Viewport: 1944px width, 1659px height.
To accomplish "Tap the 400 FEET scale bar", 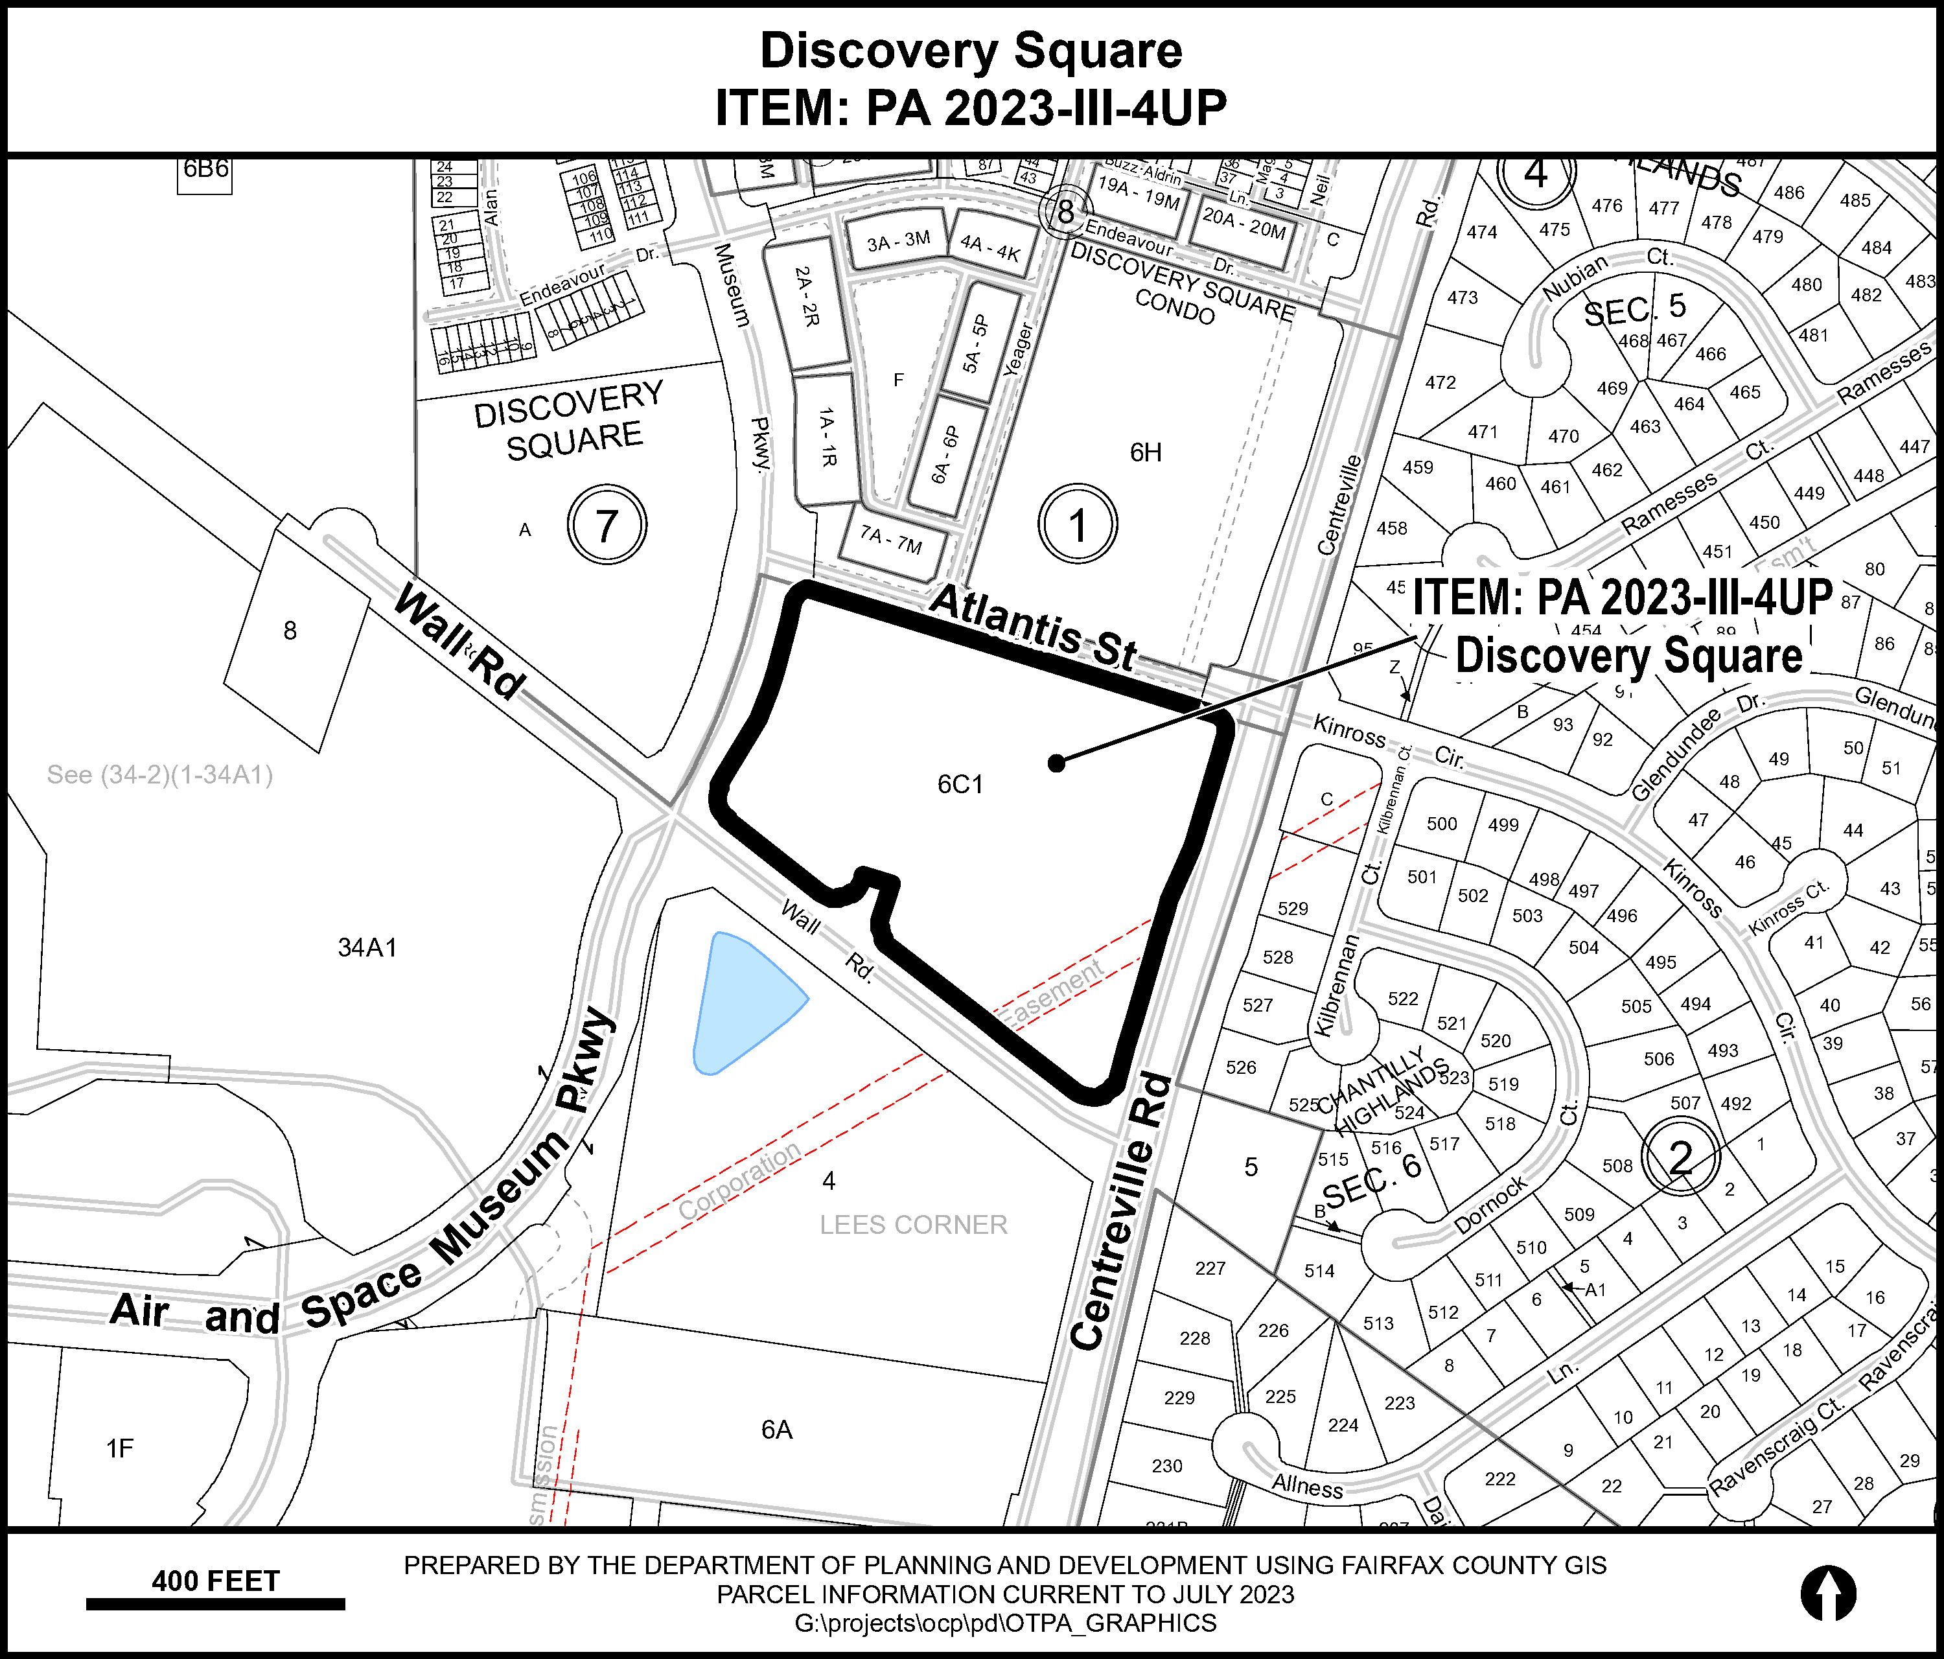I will tap(215, 1604).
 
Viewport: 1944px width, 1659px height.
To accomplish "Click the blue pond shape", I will tap(741, 1001).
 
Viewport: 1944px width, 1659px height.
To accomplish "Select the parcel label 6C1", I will tap(960, 783).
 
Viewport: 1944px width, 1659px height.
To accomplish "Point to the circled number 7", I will tap(607, 524).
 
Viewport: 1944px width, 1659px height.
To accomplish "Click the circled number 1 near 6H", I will tap(1077, 524).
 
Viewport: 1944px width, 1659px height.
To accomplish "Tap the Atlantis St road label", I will tap(1032, 628).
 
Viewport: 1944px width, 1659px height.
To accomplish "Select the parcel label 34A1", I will tap(367, 947).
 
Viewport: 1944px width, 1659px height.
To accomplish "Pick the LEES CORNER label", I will tap(913, 1225).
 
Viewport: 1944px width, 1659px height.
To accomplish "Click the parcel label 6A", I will tap(777, 1429).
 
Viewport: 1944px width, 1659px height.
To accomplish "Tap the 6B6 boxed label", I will tap(205, 170).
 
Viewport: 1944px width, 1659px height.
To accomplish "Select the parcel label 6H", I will tap(1146, 452).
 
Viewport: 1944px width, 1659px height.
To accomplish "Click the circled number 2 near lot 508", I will tap(1680, 1158).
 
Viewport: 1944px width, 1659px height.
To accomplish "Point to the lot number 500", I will tap(1442, 823).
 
